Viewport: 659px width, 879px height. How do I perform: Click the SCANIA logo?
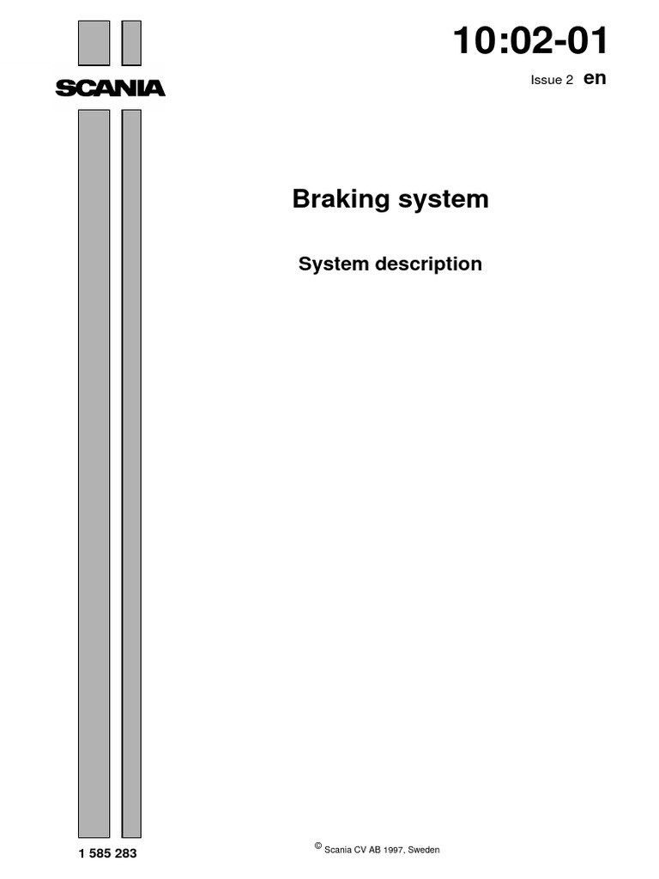pyautogui.click(x=110, y=88)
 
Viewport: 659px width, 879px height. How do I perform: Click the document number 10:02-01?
pyautogui.click(x=531, y=41)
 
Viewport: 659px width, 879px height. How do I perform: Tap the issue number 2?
pyautogui.click(x=569, y=80)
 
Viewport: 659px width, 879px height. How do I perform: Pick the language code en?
pyautogui.click(x=595, y=77)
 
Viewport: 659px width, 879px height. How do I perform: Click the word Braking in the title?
pyautogui.click(x=336, y=199)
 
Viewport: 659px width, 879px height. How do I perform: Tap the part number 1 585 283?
pyautogui.click(x=107, y=854)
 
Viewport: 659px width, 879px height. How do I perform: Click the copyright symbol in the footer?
pyautogui.click(x=318, y=846)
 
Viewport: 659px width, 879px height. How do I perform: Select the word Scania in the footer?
pyautogui.click(x=339, y=850)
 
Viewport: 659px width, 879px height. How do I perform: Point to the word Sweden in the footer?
pyautogui.click(x=424, y=850)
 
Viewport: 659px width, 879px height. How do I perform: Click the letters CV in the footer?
pyautogui.click(x=362, y=850)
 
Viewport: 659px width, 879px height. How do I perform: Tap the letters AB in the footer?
pyautogui.click(x=376, y=850)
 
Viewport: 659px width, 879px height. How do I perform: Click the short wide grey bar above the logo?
pyautogui.click(x=94, y=43)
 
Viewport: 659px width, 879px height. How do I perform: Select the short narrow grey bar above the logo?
pyautogui.click(x=131, y=43)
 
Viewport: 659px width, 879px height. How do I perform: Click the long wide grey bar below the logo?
pyautogui.click(x=94, y=473)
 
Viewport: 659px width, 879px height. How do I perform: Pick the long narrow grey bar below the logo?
pyautogui.click(x=131, y=473)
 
